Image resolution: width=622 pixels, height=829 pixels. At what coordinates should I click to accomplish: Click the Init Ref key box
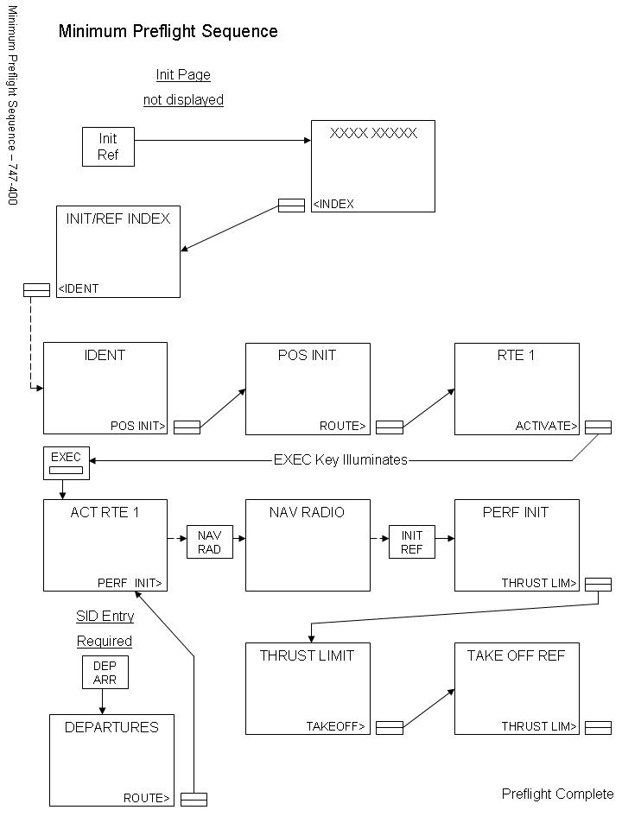tap(108, 147)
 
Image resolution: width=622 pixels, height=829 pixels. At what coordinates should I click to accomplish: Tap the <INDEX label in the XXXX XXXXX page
tap(333, 205)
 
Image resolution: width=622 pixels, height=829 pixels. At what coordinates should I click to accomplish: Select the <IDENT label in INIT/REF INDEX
tap(79, 288)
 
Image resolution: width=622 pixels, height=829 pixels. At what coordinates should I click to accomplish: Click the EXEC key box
tap(66, 464)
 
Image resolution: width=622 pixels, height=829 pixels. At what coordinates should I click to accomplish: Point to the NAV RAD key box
tap(210, 542)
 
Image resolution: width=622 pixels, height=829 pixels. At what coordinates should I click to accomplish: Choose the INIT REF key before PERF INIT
tap(411, 542)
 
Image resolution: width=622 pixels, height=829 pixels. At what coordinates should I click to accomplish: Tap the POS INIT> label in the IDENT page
tap(138, 426)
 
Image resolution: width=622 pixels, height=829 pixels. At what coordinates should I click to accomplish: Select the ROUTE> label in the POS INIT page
tap(343, 426)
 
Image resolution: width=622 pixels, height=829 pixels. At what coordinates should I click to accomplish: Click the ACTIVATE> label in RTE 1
tap(547, 426)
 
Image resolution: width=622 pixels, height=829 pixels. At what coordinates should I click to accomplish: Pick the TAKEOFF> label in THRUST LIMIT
tap(336, 726)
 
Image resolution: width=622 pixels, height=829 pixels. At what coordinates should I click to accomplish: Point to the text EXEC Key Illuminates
tap(340, 460)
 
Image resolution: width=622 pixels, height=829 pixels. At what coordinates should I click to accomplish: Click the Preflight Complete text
tap(557, 794)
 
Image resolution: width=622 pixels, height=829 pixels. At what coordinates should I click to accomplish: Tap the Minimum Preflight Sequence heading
tap(168, 32)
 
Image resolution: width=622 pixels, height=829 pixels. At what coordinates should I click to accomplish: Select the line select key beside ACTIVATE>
tap(598, 427)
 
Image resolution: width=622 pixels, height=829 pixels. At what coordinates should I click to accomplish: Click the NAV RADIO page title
tap(308, 512)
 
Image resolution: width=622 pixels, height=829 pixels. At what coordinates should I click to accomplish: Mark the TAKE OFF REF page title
tap(516, 655)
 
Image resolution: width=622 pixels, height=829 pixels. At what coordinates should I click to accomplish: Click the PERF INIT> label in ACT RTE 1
tap(130, 583)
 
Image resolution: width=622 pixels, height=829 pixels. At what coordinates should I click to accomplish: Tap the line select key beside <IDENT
tap(36, 290)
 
